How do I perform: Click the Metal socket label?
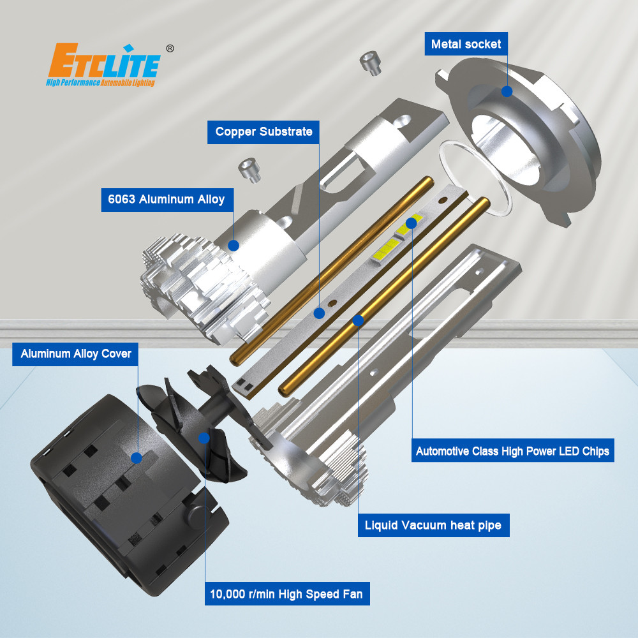pyautogui.click(x=466, y=43)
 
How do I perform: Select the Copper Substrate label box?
pyautogui.click(x=263, y=132)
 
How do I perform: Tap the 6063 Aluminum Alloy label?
pyautogui.click(x=167, y=199)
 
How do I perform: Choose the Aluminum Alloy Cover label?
pyautogui.click(x=75, y=354)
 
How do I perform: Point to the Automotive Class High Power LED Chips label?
pyautogui.click(x=513, y=450)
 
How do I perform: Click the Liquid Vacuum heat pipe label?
pyautogui.click(x=433, y=525)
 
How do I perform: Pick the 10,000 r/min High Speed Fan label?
pyautogui.click(x=287, y=593)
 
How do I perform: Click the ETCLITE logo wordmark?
pyautogui.click(x=104, y=61)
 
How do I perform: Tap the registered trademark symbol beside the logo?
pyautogui.click(x=170, y=48)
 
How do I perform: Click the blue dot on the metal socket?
pyautogui.click(x=507, y=91)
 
